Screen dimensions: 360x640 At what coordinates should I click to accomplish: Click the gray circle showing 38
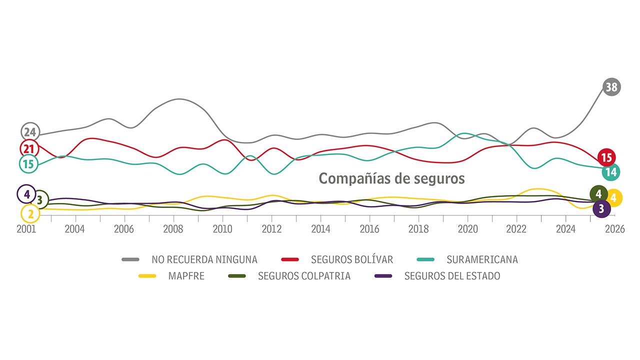point(611,87)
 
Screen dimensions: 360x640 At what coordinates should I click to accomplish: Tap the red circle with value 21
point(29,148)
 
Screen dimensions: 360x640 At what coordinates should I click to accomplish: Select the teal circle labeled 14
point(610,172)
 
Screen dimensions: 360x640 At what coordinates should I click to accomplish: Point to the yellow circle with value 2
point(30,214)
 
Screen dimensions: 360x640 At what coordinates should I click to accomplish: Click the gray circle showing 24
point(30,132)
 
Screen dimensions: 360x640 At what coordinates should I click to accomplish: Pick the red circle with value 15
point(606,157)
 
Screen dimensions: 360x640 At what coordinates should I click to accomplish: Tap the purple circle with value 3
point(601,208)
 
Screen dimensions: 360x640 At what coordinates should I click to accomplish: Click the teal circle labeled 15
point(28,163)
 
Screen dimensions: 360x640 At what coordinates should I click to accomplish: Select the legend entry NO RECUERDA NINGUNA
point(204,259)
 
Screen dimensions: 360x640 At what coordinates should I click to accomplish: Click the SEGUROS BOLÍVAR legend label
point(351,259)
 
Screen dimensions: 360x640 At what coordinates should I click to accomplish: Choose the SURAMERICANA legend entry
point(482,259)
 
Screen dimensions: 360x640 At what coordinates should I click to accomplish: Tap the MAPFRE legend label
point(186,276)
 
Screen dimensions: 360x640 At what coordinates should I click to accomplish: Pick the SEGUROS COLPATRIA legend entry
point(304,276)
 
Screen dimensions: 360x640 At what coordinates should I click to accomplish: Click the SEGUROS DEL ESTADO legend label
point(452,276)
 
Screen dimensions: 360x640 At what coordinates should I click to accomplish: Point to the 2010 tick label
point(222,229)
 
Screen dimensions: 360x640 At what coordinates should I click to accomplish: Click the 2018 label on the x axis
point(418,229)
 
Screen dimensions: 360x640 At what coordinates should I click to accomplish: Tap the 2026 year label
point(614,229)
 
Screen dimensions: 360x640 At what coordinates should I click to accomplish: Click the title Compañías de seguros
point(391,178)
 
